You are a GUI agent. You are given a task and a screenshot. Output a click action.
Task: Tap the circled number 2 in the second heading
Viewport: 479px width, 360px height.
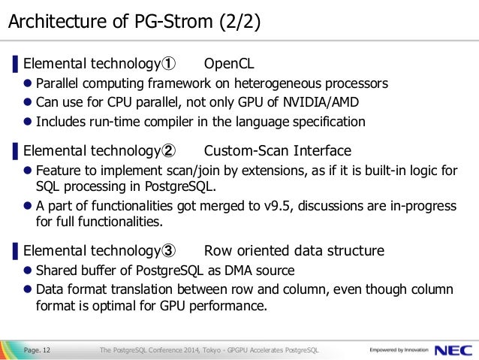click(x=170, y=150)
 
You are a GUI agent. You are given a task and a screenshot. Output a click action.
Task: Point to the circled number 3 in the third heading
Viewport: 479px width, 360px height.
click(x=170, y=250)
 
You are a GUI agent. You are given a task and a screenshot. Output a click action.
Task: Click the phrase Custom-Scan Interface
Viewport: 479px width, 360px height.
click(x=277, y=150)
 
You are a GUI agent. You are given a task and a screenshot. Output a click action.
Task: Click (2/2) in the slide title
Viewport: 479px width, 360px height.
click(x=240, y=23)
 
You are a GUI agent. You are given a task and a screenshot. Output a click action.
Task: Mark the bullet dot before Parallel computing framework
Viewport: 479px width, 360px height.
click(x=28, y=83)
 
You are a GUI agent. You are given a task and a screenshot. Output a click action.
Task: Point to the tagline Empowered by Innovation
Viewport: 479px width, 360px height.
click(x=399, y=350)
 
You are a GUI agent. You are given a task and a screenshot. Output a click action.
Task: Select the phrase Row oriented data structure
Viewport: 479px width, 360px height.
click(x=294, y=250)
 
